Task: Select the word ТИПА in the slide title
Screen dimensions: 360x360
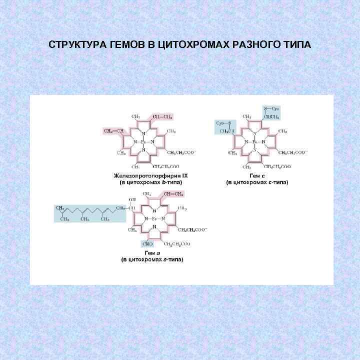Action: pyautogui.click(x=295, y=45)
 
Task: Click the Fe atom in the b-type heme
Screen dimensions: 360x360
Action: pyautogui.click(x=143, y=142)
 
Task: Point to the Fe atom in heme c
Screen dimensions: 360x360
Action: pyautogui.click(x=254, y=142)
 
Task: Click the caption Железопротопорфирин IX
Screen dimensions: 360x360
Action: pyautogui.click(x=148, y=176)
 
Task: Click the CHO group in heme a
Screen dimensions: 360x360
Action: pyautogui.click(x=147, y=244)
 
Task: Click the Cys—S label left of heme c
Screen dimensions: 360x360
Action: pyautogui.click(x=223, y=122)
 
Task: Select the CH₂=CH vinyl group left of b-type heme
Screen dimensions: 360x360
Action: pyautogui.click(x=114, y=131)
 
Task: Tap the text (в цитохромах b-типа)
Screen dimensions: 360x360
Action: pyautogui.click(x=148, y=182)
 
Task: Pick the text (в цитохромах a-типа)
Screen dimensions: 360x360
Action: pyautogui.click(x=152, y=260)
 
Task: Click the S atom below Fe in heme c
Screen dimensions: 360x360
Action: pyautogui.click(x=254, y=149)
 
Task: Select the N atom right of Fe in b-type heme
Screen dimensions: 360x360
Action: pyautogui.click(x=152, y=142)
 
